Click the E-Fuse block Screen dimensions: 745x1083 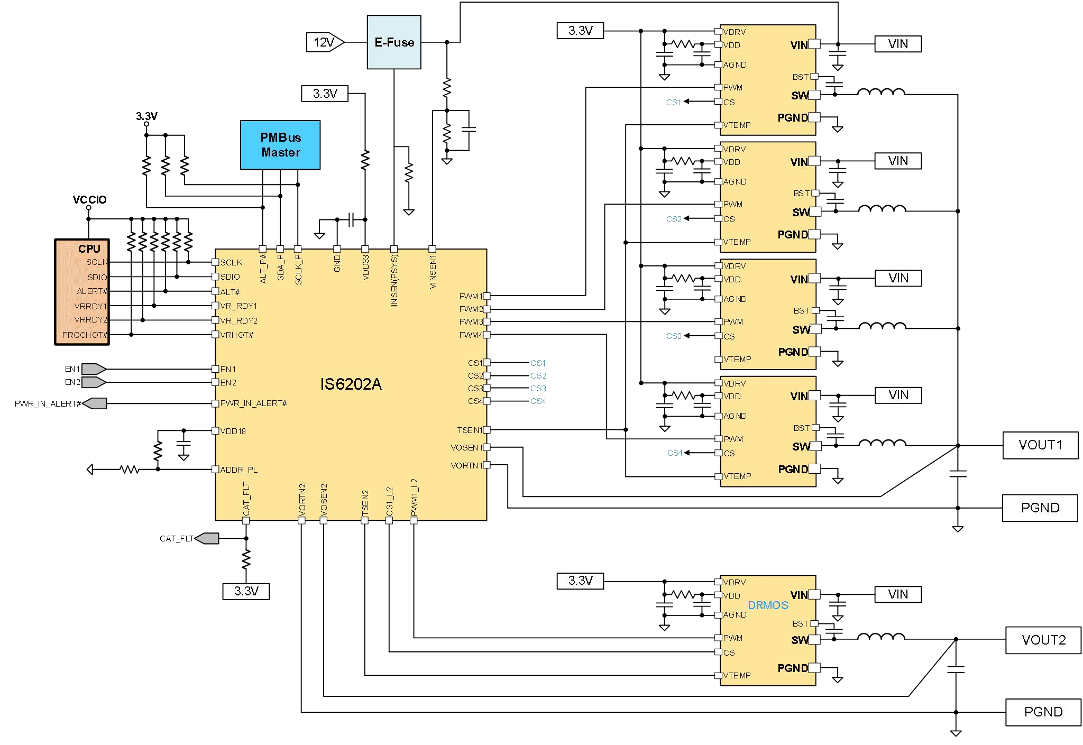pos(394,42)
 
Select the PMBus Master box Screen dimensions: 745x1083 pos(280,145)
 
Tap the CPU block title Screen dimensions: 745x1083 pos(89,249)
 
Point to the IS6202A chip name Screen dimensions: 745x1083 pos(351,384)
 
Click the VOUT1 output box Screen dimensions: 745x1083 pos(1040,445)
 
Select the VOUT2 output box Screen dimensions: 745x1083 pos(1043,640)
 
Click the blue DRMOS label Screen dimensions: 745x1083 pos(768,605)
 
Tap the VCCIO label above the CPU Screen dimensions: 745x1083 pos(89,200)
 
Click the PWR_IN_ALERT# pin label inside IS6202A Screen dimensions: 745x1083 pos(253,403)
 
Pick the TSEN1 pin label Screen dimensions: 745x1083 pos(470,430)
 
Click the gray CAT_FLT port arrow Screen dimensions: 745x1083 pos(207,539)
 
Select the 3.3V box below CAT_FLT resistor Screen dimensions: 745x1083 pos(246,591)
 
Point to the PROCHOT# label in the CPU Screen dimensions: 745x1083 pos(85,335)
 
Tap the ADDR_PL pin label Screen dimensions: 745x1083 pos(239,470)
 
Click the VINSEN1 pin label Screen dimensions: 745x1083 pos(433,272)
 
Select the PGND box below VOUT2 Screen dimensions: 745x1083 pos(1043,712)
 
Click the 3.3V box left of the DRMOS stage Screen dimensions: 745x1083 pos(580,581)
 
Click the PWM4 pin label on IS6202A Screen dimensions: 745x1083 pos(471,335)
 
